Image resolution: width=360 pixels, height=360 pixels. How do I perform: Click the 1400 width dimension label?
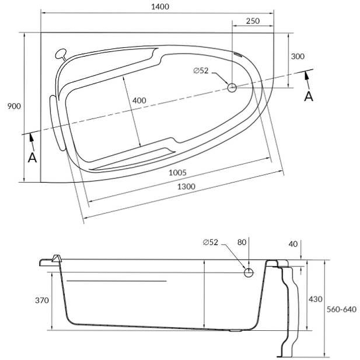click(x=160, y=7)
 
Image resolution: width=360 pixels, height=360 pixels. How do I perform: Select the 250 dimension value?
click(x=253, y=21)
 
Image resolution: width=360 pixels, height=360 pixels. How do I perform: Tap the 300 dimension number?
click(x=297, y=57)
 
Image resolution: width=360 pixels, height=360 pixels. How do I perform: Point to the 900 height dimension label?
click(x=14, y=106)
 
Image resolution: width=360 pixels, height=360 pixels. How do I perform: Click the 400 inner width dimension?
click(x=139, y=100)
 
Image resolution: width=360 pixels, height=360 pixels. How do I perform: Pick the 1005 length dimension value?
click(x=177, y=173)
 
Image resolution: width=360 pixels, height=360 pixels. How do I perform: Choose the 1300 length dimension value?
click(x=186, y=186)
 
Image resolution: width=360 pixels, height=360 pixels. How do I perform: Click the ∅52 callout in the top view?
click(x=201, y=71)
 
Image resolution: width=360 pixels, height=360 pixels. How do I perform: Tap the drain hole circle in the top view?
click(x=232, y=88)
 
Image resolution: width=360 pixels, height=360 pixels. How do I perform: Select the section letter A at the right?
click(x=309, y=96)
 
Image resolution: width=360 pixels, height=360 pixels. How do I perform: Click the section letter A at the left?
click(x=32, y=157)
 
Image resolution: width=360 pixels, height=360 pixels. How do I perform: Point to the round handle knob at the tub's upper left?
click(x=61, y=54)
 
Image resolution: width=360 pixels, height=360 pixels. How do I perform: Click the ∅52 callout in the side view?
click(x=211, y=242)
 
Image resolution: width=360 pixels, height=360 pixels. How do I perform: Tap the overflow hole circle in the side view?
click(x=248, y=273)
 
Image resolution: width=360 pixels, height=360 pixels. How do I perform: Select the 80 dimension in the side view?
click(x=242, y=242)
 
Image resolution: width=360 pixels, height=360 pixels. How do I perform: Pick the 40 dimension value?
click(x=293, y=244)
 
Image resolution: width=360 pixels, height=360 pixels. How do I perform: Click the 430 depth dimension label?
click(x=315, y=299)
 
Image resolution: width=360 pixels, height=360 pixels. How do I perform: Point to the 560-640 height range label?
click(x=342, y=309)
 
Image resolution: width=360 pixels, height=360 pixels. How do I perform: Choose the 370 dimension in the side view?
click(x=42, y=300)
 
